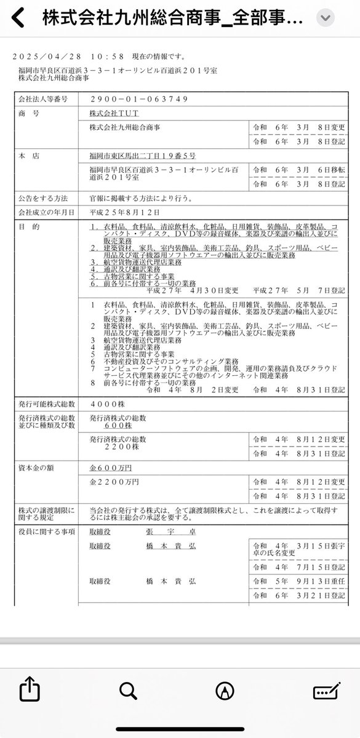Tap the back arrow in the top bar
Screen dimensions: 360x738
coord(18,19)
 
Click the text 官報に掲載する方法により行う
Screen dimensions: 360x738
coord(143,199)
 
